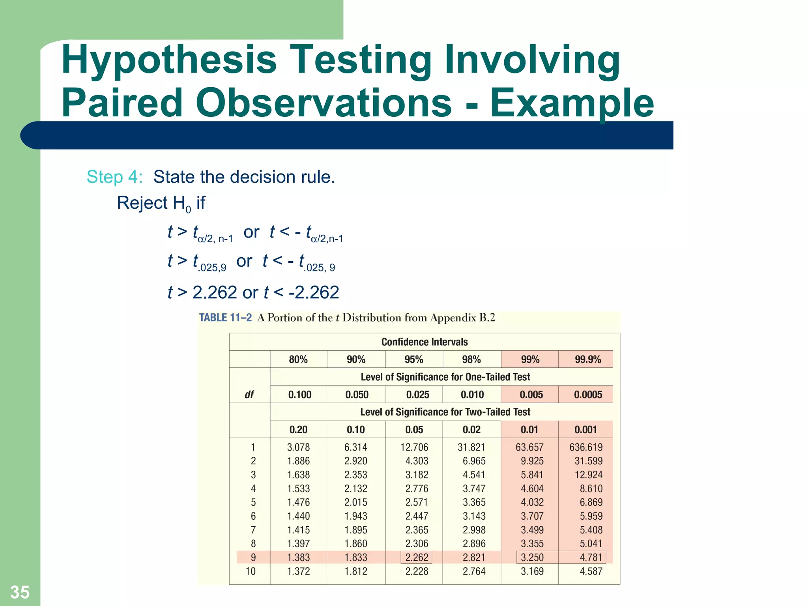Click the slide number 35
coord(20,592)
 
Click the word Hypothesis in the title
coord(169,60)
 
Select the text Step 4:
coord(114,177)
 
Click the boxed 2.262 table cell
coord(417,557)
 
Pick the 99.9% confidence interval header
coord(588,359)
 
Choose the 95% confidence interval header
coord(414,359)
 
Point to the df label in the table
coord(249,395)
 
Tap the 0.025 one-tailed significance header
coord(418,395)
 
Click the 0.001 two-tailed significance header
coord(585,430)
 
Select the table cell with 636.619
coord(586,447)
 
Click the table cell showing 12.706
coord(414,447)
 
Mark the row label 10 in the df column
coord(251,571)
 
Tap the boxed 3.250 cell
coord(532,557)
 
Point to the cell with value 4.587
coord(591,571)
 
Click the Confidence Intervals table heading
coord(425,342)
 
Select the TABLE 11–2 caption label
coord(225,318)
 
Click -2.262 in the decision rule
coord(314,292)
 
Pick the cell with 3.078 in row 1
coord(298,447)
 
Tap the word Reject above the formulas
coord(142,203)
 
